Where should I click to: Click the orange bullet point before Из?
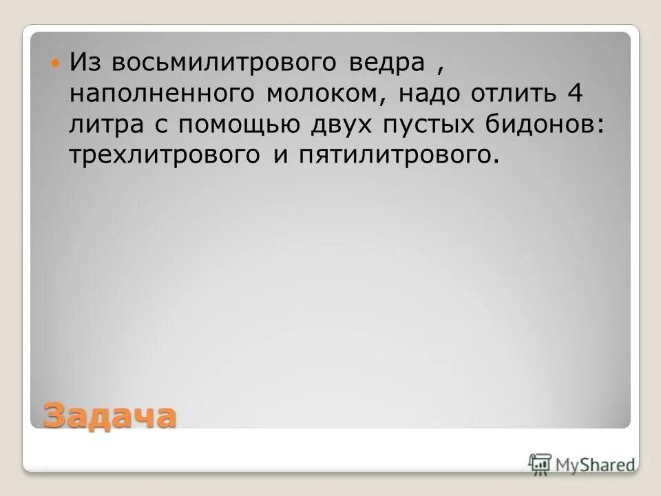click(56, 63)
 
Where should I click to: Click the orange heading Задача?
click(109, 415)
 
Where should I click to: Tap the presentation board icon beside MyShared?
click(541, 464)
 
